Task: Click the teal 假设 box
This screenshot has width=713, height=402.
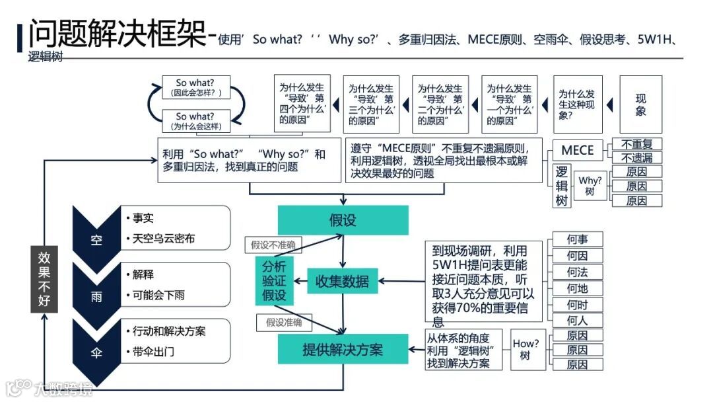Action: [343, 220]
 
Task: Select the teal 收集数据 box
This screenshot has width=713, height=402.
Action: [343, 281]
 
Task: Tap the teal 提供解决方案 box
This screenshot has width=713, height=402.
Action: [343, 348]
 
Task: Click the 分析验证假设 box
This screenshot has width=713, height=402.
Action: [274, 281]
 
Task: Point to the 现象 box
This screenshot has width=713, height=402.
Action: [640, 104]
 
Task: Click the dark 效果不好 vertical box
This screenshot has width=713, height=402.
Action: [44, 280]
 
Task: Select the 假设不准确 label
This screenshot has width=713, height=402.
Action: [273, 245]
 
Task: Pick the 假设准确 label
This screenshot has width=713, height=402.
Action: [284, 322]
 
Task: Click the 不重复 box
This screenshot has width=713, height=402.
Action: [636, 143]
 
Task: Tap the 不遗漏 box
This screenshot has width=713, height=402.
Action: [636, 157]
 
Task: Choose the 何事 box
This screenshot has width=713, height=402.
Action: [577, 239]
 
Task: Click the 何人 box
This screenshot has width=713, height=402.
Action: [577, 321]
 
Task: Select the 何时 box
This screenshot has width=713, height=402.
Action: [577, 305]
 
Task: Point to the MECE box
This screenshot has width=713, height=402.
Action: [577, 150]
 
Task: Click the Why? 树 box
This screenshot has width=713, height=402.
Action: [590, 186]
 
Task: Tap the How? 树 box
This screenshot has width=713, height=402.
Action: [526, 349]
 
